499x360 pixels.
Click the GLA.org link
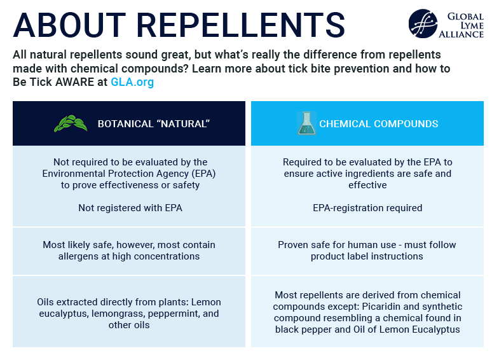coord(132,82)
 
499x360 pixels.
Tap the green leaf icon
coord(71,123)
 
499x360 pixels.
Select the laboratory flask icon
coord(306,123)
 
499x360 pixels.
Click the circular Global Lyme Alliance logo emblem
coord(423,24)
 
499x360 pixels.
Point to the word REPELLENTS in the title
coord(241,25)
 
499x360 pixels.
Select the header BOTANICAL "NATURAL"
coord(154,124)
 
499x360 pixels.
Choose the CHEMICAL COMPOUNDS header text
coord(379,124)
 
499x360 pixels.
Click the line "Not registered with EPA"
coord(130,208)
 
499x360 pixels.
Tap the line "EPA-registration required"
coord(367,208)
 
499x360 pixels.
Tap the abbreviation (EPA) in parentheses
coord(203,174)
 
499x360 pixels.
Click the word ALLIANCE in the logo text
coord(461,34)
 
